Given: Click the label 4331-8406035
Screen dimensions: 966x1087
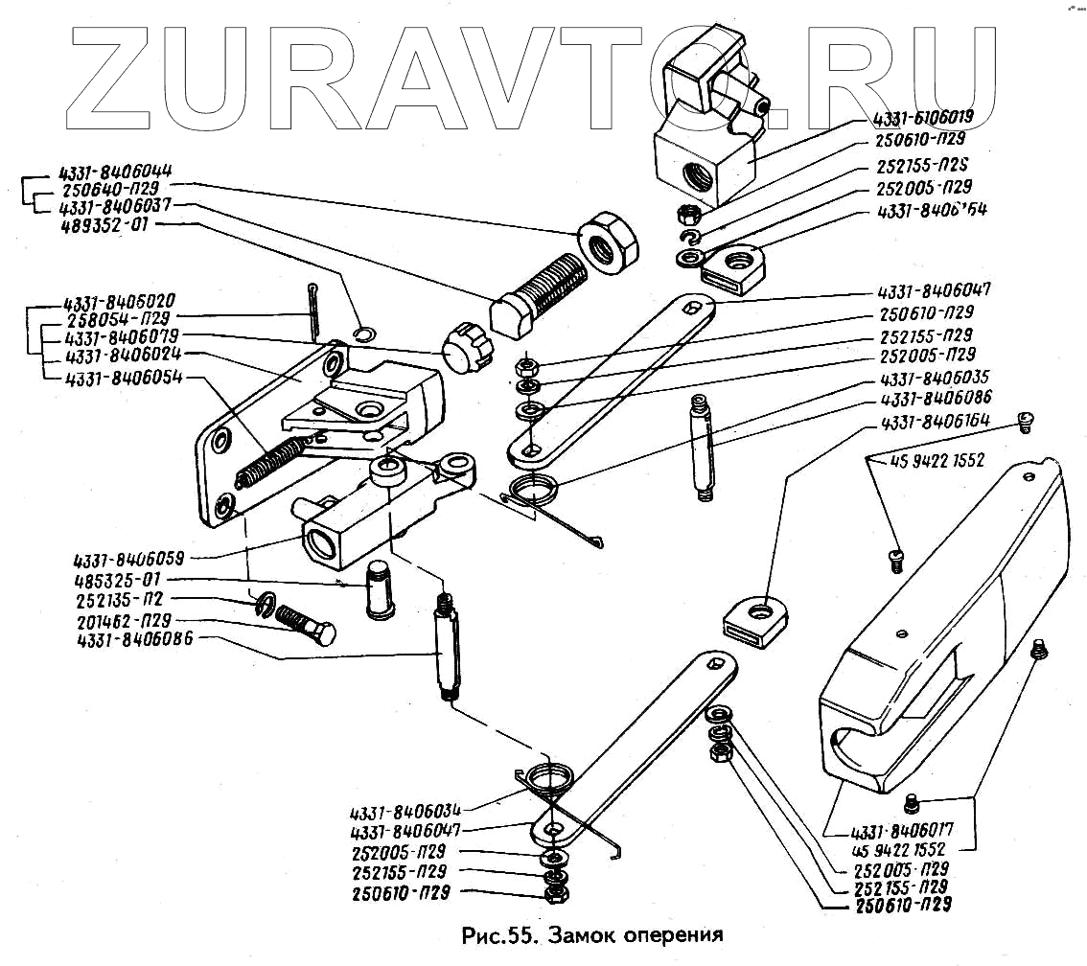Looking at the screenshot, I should tap(934, 377).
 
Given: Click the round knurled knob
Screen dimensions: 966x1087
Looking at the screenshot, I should tap(460, 344).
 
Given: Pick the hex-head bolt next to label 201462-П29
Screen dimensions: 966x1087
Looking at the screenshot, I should tap(306, 627).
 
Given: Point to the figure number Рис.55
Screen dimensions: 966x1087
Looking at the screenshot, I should tap(495, 933).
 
